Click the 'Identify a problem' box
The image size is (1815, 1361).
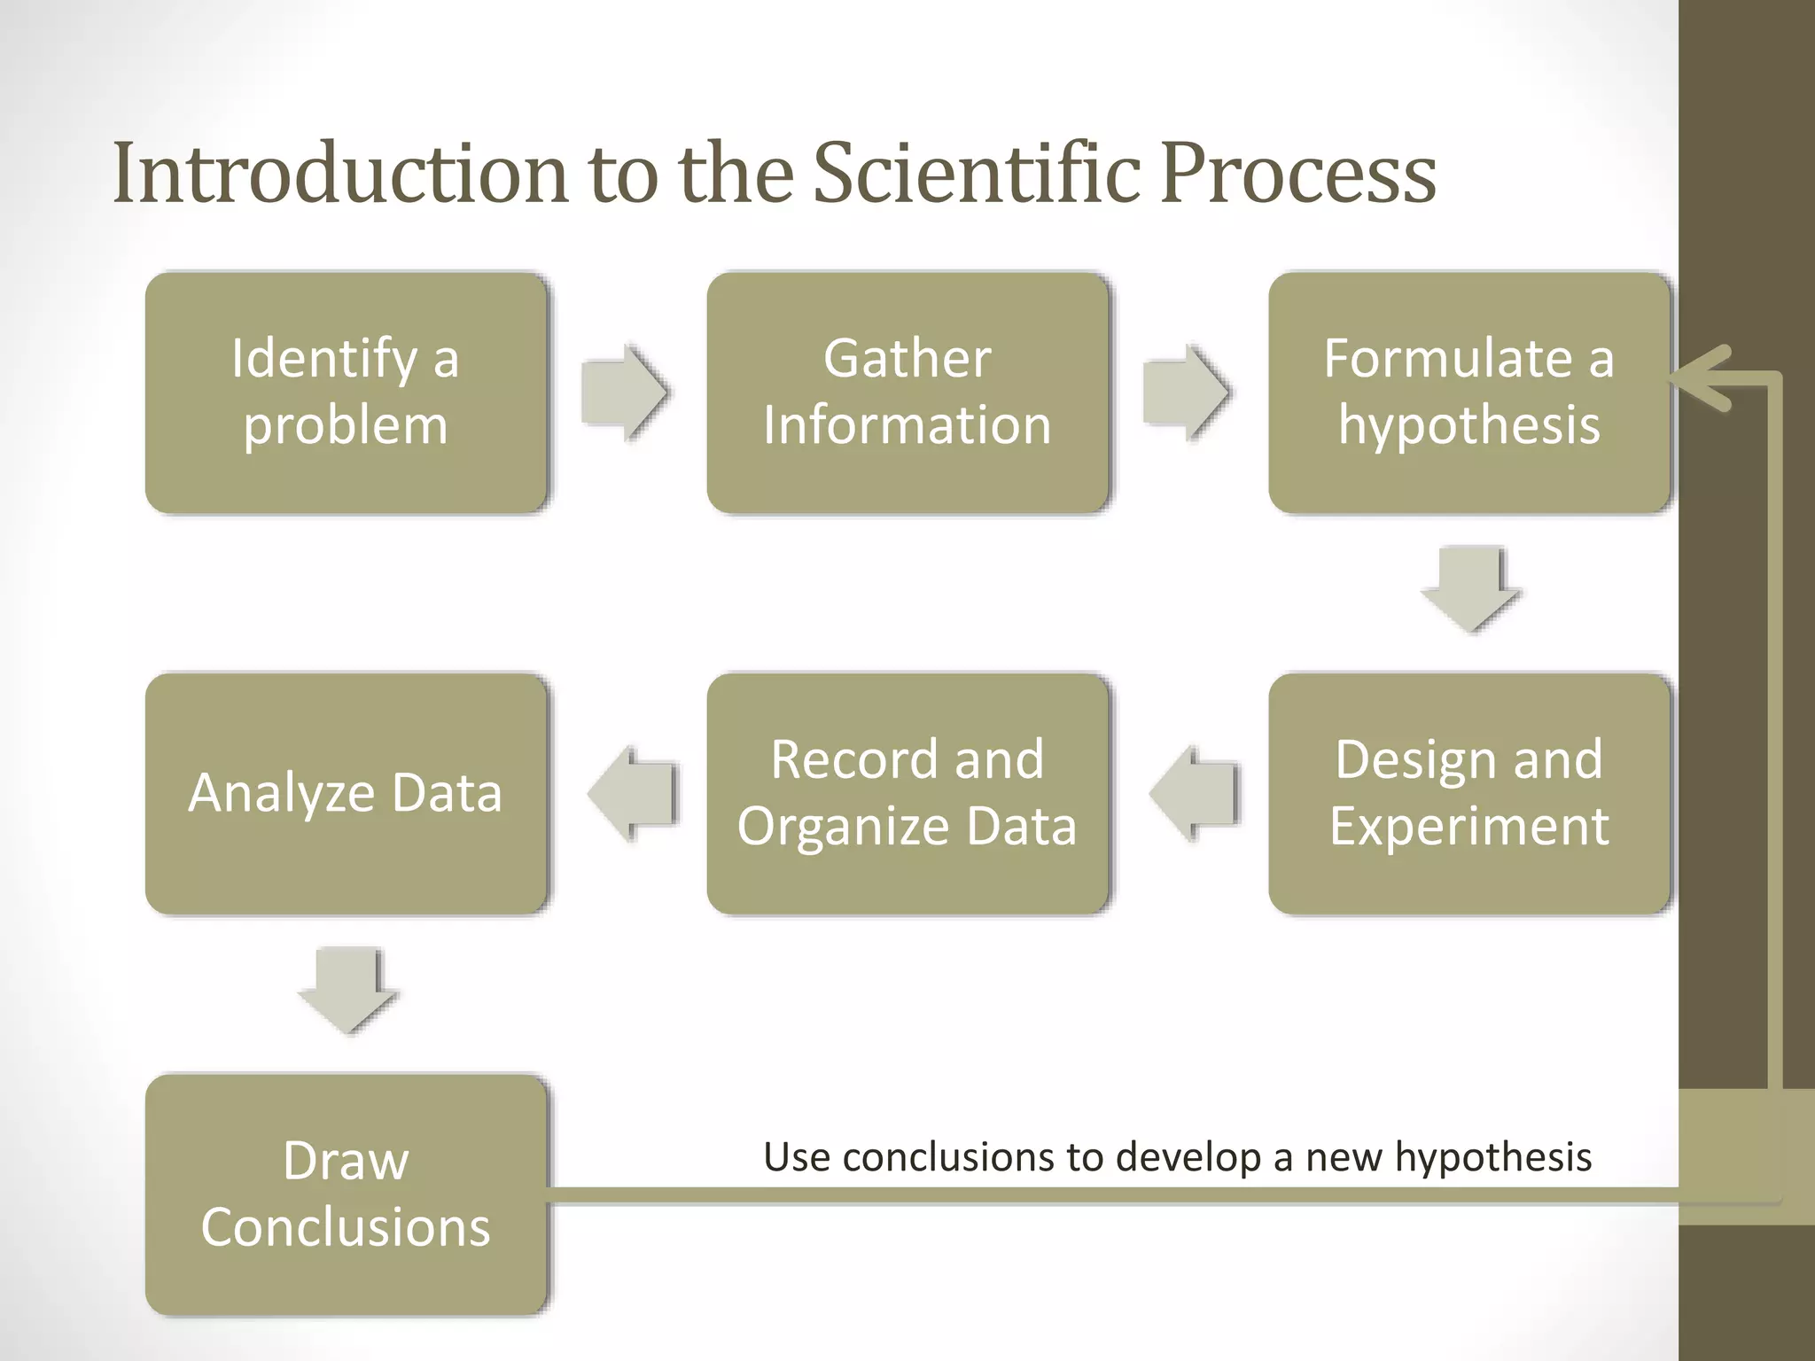(x=346, y=392)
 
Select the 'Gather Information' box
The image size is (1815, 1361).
(x=907, y=392)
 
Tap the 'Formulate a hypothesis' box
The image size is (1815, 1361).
(x=1468, y=392)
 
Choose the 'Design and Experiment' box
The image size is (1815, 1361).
(x=1468, y=793)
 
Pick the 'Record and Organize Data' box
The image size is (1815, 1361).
(x=907, y=793)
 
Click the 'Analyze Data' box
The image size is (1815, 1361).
(x=346, y=793)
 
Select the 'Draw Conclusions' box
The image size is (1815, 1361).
(x=346, y=1194)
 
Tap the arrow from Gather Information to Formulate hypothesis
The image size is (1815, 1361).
(x=1186, y=392)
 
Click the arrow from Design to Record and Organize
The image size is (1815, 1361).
(x=1195, y=793)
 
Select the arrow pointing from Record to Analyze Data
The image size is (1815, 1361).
(x=633, y=793)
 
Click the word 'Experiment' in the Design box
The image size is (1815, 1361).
(x=1468, y=826)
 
